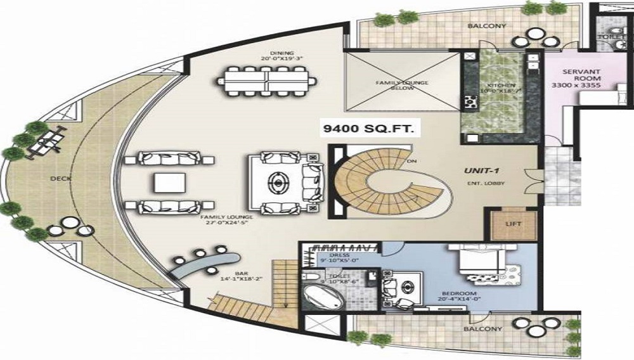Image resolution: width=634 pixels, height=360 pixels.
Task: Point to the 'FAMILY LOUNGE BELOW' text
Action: coord(402,85)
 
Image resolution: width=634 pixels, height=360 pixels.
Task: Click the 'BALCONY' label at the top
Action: coord(486,27)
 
